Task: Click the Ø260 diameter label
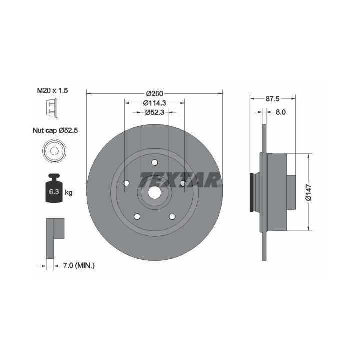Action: tap(154, 93)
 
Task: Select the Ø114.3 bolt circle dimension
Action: tap(154, 103)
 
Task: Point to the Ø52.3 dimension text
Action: tap(154, 112)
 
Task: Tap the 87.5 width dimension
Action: tap(273, 99)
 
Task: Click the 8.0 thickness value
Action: tap(280, 112)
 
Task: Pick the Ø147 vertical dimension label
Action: tap(309, 192)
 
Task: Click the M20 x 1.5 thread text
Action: tap(52, 90)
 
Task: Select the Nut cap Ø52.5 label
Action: tap(55, 130)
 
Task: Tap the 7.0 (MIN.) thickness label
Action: tap(79, 265)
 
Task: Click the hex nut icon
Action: tap(52, 107)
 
